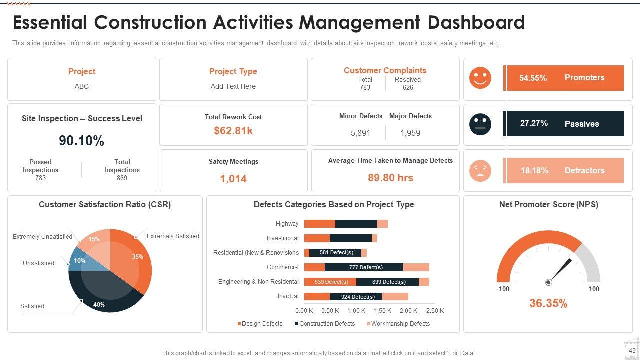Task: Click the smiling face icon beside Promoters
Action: (x=480, y=78)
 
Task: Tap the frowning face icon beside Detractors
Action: (x=480, y=171)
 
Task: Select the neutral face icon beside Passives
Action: (x=480, y=124)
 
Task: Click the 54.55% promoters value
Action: (x=533, y=78)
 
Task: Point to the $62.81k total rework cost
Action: (x=233, y=131)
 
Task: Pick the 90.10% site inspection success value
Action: (x=82, y=141)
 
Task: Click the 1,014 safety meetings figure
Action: (x=233, y=178)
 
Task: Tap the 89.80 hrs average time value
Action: (x=390, y=178)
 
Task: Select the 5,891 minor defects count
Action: (x=360, y=133)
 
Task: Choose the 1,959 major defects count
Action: (x=410, y=133)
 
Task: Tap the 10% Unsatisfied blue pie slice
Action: (x=78, y=260)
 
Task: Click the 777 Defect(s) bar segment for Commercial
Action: (x=364, y=267)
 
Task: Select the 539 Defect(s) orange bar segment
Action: (x=330, y=282)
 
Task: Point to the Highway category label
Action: (x=287, y=224)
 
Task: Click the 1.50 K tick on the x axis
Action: (x=383, y=311)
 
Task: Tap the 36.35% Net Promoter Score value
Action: (x=548, y=303)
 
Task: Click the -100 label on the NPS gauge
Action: (x=503, y=289)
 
